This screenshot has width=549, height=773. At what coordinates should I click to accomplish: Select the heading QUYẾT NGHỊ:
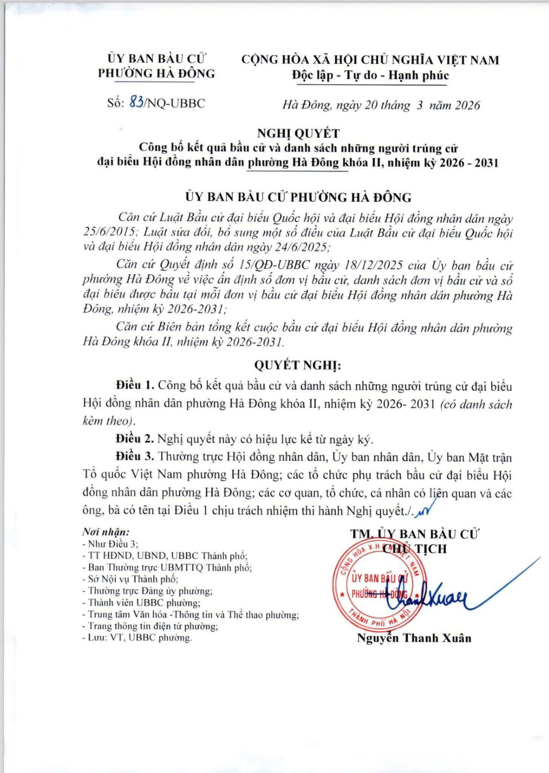point(297,366)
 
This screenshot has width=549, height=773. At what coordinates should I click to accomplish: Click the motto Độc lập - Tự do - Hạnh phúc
point(371,75)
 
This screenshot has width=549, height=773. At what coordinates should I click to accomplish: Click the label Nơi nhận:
point(106,532)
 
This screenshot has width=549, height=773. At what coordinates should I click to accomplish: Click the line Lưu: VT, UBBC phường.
point(137,637)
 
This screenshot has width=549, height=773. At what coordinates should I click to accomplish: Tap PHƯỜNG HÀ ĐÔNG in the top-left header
point(157,73)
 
